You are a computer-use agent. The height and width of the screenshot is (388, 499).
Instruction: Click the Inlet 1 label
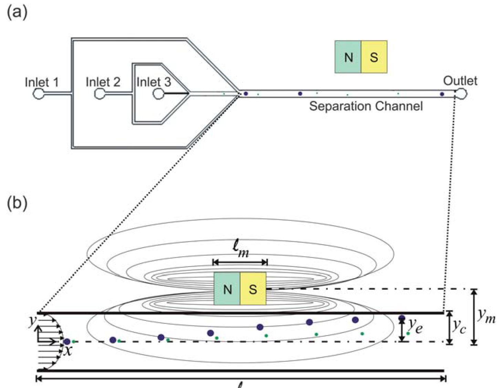pyautogui.click(x=42, y=82)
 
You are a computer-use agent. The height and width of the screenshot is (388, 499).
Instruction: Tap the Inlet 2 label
pyautogui.click(x=103, y=82)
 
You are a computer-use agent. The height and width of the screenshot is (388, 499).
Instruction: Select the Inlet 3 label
pyautogui.click(x=154, y=82)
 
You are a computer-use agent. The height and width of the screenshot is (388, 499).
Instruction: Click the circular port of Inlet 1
pyautogui.click(x=39, y=93)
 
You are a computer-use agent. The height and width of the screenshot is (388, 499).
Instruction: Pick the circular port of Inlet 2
pyautogui.click(x=100, y=93)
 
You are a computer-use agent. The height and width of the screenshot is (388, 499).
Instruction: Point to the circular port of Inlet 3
pyautogui.click(x=158, y=93)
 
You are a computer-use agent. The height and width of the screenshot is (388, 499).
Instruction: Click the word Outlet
pyautogui.click(x=460, y=81)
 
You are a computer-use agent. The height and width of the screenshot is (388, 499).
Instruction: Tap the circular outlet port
pyautogui.click(x=462, y=93)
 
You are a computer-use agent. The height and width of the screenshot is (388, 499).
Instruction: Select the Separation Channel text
pyautogui.click(x=366, y=106)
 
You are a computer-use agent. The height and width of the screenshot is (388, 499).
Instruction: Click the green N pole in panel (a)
pyautogui.click(x=348, y=57)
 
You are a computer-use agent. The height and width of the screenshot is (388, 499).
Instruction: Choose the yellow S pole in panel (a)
pyautogui.click(x=374, y=57)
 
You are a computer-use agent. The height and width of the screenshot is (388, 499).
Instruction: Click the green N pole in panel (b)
pyautogui.click(x=227, y=289)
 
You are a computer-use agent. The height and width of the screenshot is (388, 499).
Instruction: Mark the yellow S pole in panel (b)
pyautogui.click(x=253, y=289)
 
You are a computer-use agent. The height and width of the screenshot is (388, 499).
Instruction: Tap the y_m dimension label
pyautogui.click(x=486, y=316)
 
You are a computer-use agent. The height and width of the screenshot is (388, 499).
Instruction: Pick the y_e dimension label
pyautogui.click(x=415, y=326)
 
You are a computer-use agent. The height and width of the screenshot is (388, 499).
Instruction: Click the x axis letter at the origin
pyautogui.click(x=68, y=351)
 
